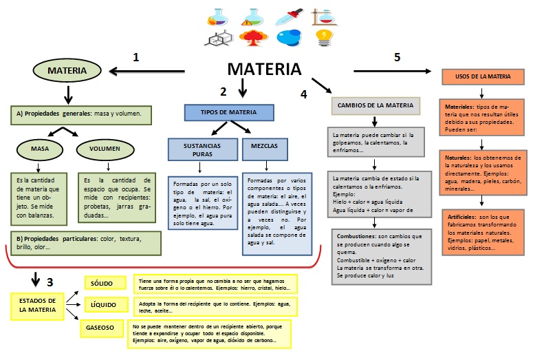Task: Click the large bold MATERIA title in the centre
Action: coord(264,70)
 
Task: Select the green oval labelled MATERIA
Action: coord(67,70)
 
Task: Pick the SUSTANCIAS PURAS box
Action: coord(202,150)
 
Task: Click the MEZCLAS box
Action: coord(260,147)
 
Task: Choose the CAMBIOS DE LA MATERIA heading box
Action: coord(375,105)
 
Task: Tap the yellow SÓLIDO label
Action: coord(105,283)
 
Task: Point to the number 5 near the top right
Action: coord(398,58)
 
